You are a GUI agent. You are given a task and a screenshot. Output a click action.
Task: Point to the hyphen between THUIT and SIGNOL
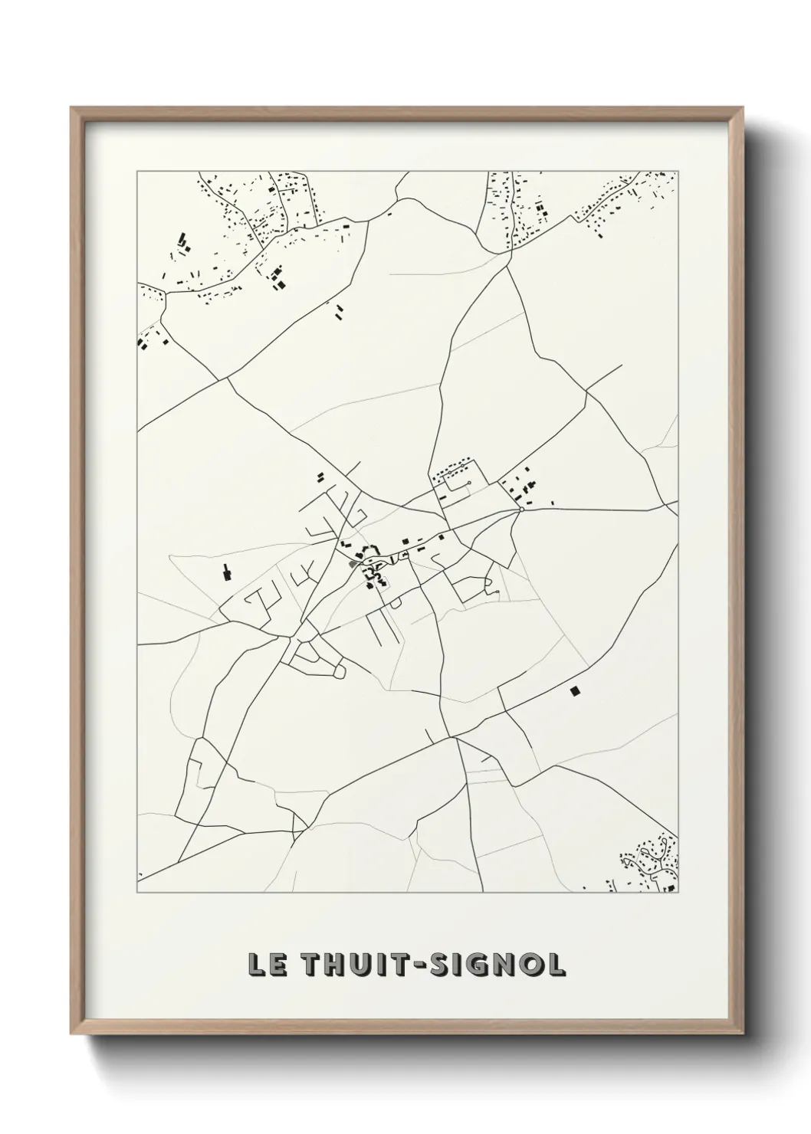pos(410,965)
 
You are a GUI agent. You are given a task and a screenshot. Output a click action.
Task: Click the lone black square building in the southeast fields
pos(575,691)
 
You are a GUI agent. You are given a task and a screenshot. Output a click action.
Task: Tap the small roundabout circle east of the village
pos(521,509)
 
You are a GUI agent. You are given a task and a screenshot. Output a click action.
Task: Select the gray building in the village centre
pos(353,564)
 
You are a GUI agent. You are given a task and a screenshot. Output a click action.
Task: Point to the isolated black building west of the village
pos(226,572)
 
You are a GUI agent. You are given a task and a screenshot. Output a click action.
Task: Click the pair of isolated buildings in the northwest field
pos(338,310)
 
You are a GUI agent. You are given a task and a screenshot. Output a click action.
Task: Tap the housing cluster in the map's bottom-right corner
pos(650,862)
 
